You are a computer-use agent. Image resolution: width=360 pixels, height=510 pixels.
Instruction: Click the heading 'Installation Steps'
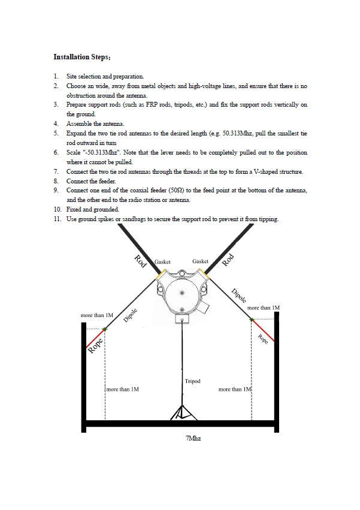[81, 58]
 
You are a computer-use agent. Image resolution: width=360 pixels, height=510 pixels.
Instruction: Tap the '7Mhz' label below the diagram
[193, 439]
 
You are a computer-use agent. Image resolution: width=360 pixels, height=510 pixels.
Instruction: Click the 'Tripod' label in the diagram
[192, 381]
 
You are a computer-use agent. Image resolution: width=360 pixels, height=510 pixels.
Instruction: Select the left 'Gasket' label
[163, 262]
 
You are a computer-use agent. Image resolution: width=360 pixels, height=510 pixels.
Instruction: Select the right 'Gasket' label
[201, 261]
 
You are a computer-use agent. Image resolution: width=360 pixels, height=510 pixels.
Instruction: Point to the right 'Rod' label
[228, 259]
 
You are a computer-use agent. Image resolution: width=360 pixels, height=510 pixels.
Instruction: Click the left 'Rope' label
[95, 346]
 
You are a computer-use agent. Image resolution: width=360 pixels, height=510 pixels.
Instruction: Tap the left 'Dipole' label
[130, 316]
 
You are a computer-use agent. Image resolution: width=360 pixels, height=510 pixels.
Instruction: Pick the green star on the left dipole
[105, 328]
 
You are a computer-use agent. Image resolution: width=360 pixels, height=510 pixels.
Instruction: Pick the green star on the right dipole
[252, 319]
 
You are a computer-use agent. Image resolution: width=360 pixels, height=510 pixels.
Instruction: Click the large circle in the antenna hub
[181, 293]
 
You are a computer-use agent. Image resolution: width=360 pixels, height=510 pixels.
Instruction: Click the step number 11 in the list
[56, 219]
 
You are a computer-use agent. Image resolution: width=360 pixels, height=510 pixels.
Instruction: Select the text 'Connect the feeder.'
[92, 181]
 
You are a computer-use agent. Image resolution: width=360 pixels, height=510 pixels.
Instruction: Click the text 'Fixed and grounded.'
[93, 210]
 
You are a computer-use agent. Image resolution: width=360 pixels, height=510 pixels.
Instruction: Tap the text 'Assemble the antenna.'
[95, 124]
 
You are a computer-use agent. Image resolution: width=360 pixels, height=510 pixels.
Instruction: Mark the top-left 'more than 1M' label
[97, 315]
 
